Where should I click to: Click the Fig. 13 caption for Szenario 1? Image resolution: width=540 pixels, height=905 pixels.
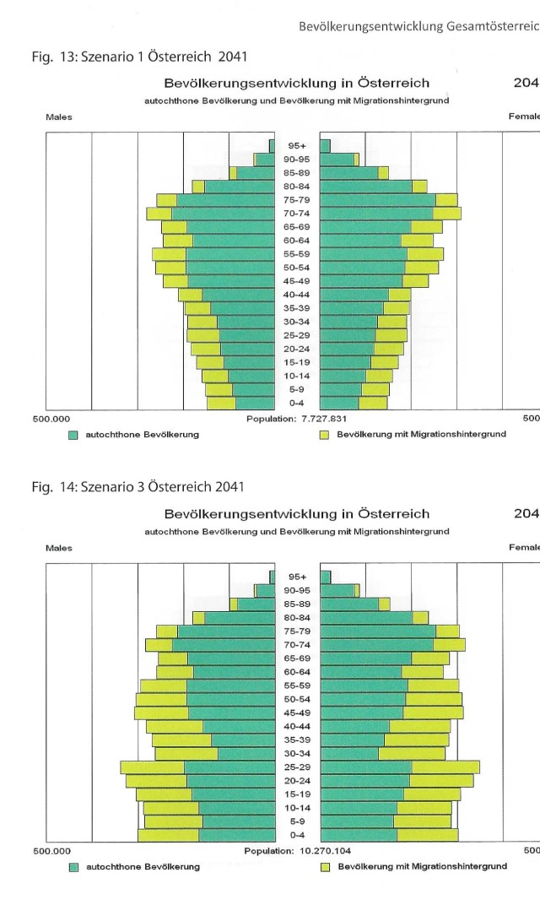[139, 57]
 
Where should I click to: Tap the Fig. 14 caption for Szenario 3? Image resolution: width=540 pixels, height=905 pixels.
[138, 486]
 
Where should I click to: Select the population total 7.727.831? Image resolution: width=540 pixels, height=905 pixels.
[324, 419]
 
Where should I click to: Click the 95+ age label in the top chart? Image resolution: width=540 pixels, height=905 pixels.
[297, 146]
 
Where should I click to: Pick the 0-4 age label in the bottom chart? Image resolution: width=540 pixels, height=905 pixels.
[297, 835]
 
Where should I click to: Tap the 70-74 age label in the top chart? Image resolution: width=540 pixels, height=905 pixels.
[297, 214]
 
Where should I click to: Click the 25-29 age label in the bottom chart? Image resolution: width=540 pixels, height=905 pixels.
[297, 767]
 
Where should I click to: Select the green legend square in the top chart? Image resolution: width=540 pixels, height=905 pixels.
[73, 435]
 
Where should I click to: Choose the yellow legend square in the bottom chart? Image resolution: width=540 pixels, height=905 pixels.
[325, 867]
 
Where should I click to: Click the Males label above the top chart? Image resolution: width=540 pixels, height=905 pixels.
[59, 117]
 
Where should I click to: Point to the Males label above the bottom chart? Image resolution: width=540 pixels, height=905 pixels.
[59, 548]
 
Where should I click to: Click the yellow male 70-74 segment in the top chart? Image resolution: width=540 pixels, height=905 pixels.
[159, 214]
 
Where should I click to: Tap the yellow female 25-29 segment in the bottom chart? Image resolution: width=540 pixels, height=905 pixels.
[445, 767]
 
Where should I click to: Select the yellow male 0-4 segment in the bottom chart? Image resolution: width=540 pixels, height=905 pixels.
[169, 835]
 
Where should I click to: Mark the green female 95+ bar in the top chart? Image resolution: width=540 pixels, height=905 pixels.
[326, 146]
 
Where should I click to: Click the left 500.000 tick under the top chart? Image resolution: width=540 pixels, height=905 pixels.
[51, 419]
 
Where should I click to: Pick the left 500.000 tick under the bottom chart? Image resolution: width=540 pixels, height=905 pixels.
[51, 851]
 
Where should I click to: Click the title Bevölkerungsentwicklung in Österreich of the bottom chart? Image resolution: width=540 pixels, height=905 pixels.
[296, 514]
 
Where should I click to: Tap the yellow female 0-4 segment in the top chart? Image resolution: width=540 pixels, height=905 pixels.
[373, 403]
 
